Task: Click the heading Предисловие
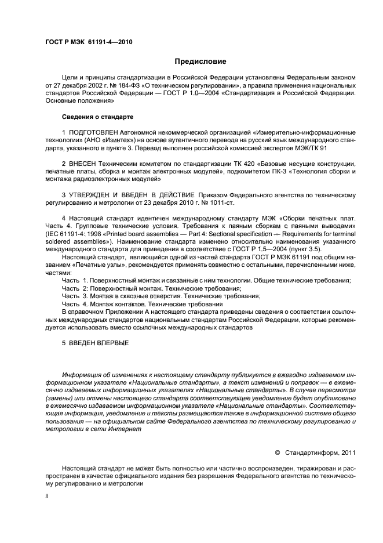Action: tap(200, 61)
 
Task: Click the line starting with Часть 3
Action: tap(161, 295)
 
